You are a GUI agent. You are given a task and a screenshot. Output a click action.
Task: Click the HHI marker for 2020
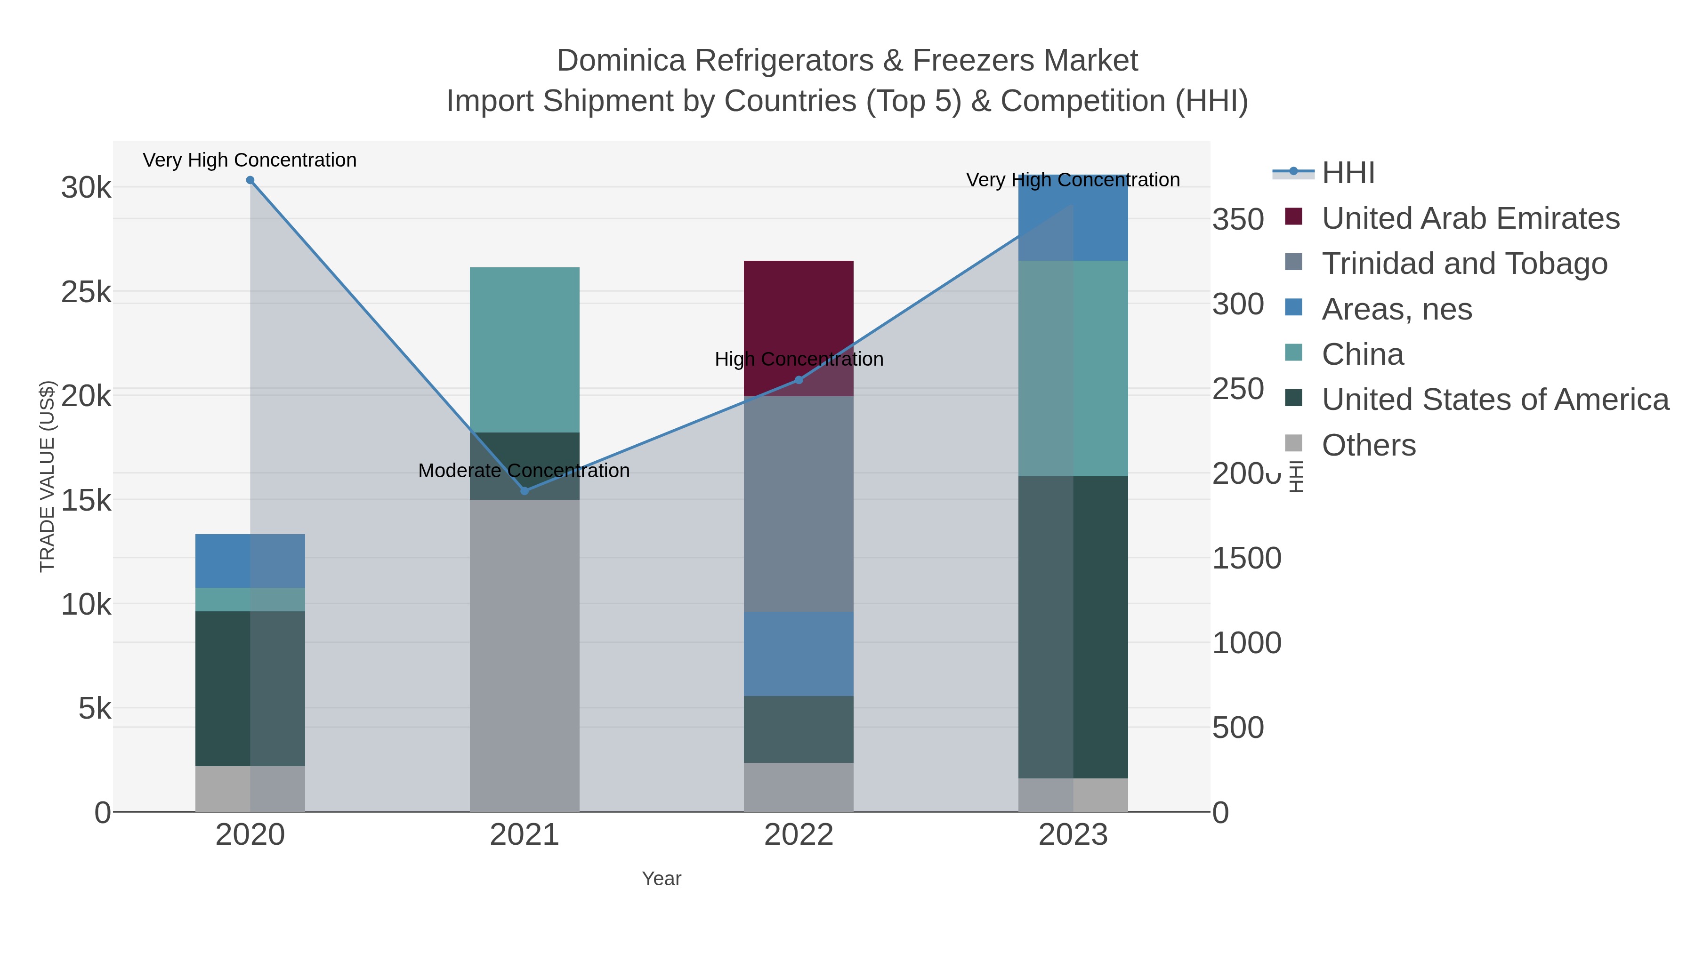click(x=250, y=180)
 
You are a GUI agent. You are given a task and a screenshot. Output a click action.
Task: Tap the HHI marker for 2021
click(x=525, y=491)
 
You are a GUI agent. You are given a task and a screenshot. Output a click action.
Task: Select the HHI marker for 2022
click(x=799, y=380)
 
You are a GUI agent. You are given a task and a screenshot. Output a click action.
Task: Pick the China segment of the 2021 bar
click(x=525, y=349)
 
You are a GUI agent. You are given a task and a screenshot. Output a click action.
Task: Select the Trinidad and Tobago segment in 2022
click(x=799, y=504)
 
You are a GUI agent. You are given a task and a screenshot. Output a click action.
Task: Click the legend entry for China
click(x=1362, y=354)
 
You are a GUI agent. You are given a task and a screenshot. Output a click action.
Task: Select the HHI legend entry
click(x=1348, y=173)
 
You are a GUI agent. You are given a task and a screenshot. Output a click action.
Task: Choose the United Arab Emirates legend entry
click(x=1470, y=218)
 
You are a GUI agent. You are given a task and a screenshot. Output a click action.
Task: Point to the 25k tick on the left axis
click(x=86, y=292)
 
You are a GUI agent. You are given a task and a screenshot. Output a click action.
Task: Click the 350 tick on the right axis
click(x=1238, y=220)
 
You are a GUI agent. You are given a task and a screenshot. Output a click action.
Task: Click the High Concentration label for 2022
click(x=799, y=359)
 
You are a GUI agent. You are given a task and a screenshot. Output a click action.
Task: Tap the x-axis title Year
click(x=662, y=879)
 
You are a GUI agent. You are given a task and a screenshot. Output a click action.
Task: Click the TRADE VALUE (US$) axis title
click(x=48, y=476)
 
